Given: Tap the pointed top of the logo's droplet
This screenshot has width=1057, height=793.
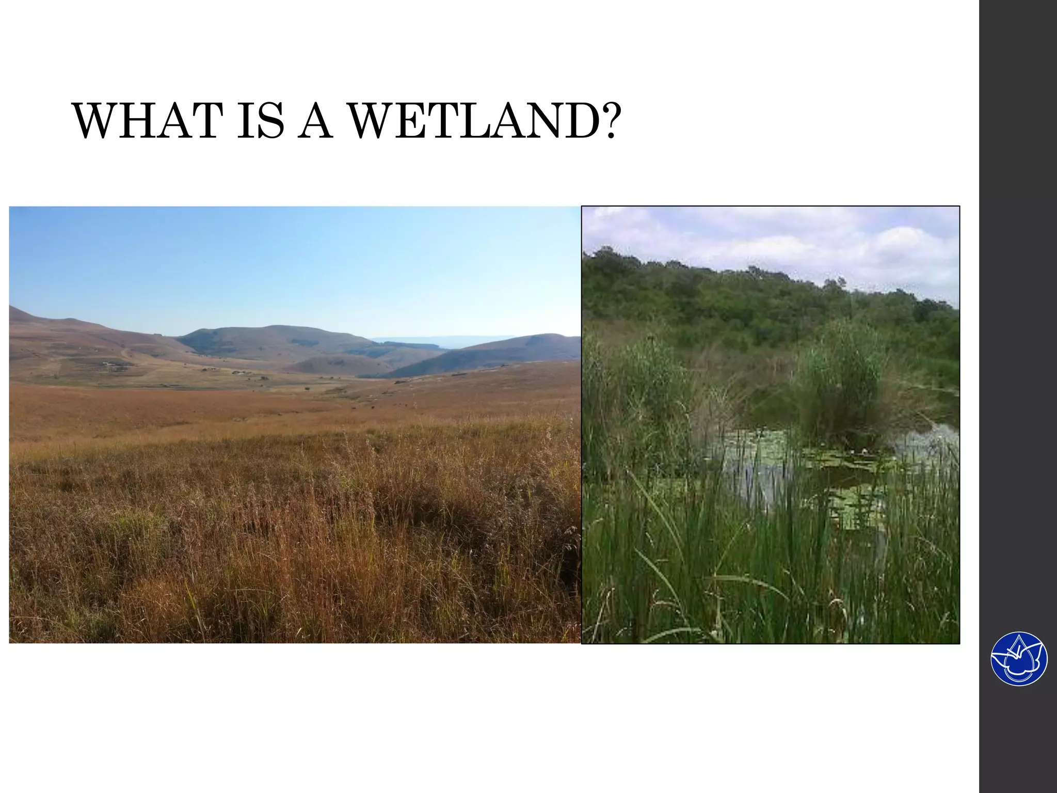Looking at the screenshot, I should (1019, 640).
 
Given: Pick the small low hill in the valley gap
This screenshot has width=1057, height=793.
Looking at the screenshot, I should (335, 364).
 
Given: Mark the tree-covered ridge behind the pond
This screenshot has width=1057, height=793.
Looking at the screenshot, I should (748, 299).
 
